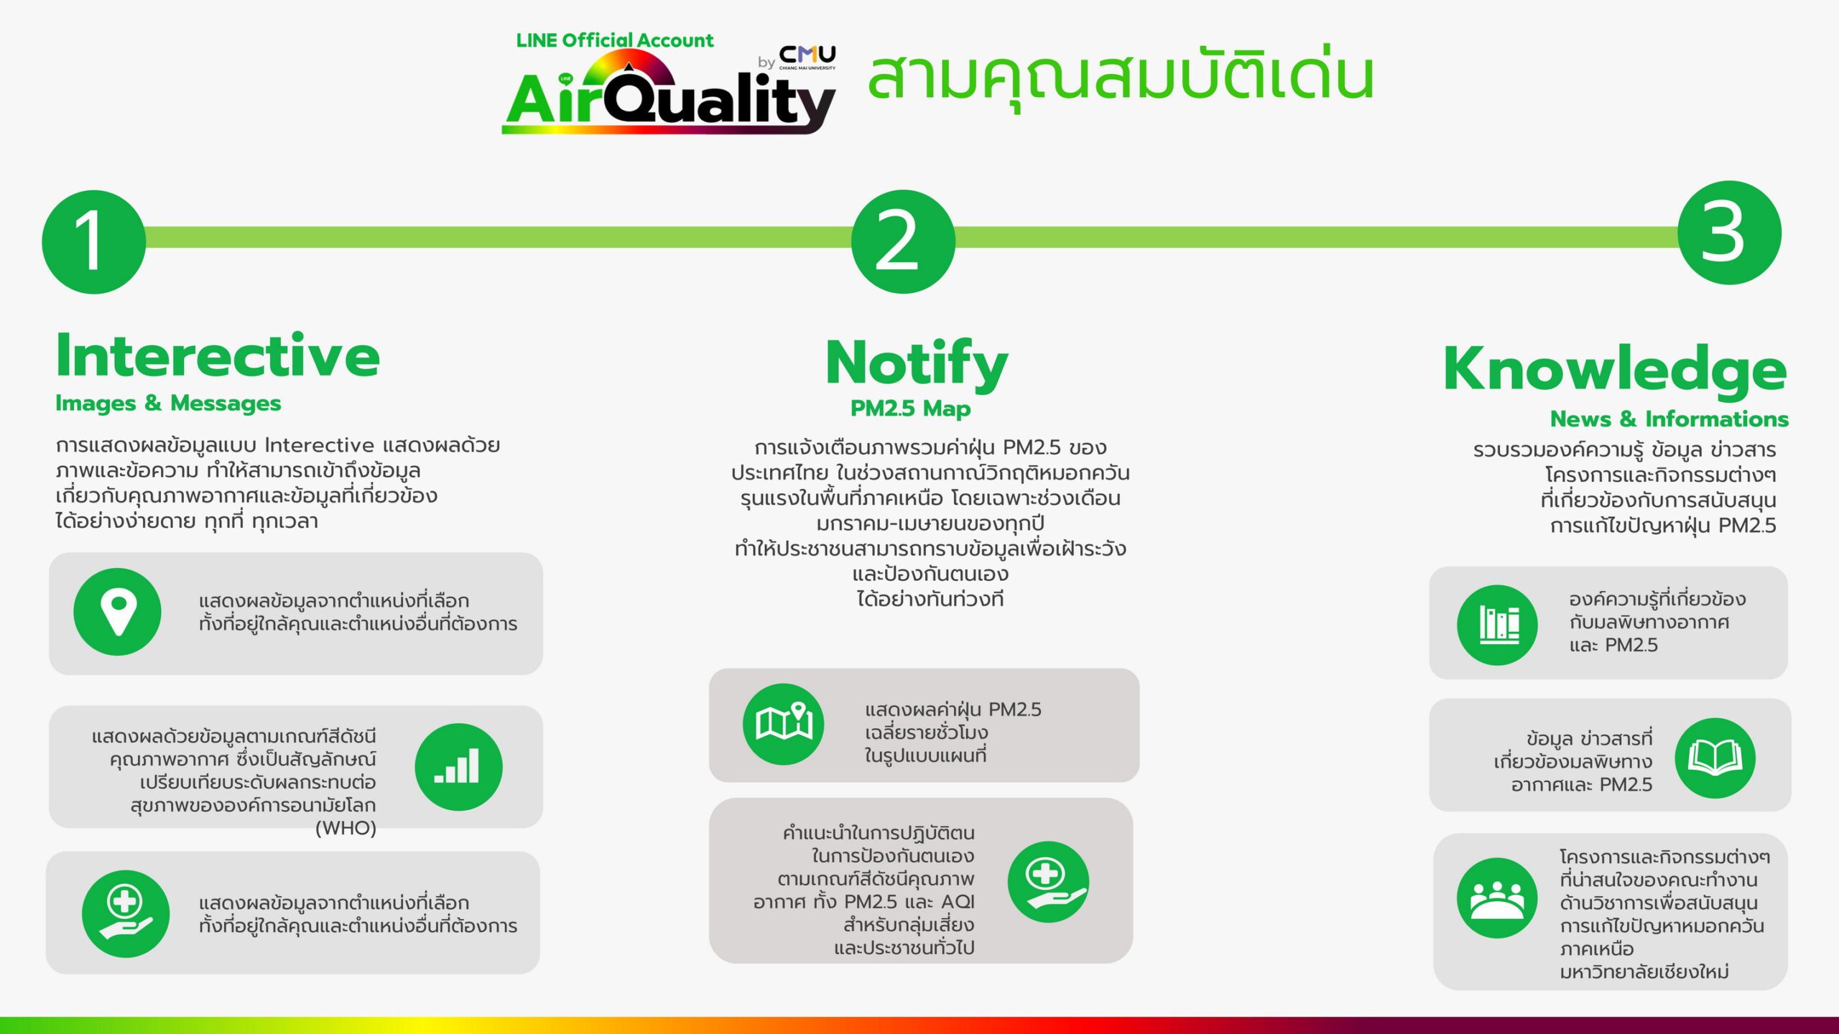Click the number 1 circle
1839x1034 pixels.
coord(93,241)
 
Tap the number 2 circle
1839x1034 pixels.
coord(903,241)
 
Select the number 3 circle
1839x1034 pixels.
coord(1729,233)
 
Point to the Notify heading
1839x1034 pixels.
coord(917,365)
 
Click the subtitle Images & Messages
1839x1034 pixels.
coord(168,404)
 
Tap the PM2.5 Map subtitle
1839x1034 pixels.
coord(910,409)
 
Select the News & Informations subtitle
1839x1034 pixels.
coord(1669,419)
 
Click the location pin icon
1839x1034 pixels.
coord(117,612)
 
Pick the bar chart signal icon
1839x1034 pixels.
coord(458,767)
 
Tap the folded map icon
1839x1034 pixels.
coord(784,724)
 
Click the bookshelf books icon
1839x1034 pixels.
coord(1498,625)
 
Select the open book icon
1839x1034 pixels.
coord(1715,758)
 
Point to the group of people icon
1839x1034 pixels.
coord(1498,898)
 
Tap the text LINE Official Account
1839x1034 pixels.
coord(615,40)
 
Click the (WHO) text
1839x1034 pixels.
coord(346,828)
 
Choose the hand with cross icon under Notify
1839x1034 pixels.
coord(1049,882)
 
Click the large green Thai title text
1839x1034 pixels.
coord(1121,75)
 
